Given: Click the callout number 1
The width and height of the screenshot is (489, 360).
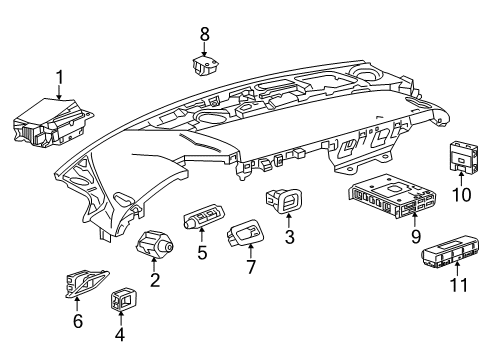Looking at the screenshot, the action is click(59, 77).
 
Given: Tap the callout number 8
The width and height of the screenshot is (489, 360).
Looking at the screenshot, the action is click(204, 34).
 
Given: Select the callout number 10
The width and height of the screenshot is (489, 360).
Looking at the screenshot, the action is click(462, 195).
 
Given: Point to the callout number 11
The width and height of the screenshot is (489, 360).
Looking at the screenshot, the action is click(459, 285).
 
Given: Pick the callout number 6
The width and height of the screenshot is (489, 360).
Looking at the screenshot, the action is click(78, 321).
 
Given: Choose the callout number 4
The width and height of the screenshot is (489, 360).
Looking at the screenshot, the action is click(120, 334).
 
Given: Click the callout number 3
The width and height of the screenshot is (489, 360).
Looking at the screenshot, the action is click(289, 237).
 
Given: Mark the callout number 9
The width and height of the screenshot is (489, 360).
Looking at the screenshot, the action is click(416, 237).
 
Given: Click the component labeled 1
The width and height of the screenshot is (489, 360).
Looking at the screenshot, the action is click(52, 122).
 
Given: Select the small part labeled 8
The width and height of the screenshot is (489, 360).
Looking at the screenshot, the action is click(206, 65).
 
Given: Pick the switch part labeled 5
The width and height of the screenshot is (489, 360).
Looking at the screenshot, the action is click(204, 216).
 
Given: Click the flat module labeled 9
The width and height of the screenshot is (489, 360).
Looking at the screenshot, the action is click(392, 196).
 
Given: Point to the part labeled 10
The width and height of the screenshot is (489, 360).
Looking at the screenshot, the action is click(463, 156).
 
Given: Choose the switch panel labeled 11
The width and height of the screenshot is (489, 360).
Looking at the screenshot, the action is click(450, 253).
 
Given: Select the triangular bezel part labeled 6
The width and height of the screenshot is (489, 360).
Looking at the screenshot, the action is click(86, 284).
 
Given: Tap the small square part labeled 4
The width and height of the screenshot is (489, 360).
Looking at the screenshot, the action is click(123, 298).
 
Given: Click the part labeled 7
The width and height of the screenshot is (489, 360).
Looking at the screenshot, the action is click(246, 232).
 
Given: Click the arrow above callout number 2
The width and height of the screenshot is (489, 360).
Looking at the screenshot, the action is click(154, 265).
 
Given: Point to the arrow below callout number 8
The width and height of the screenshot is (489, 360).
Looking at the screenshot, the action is click(204, 50).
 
